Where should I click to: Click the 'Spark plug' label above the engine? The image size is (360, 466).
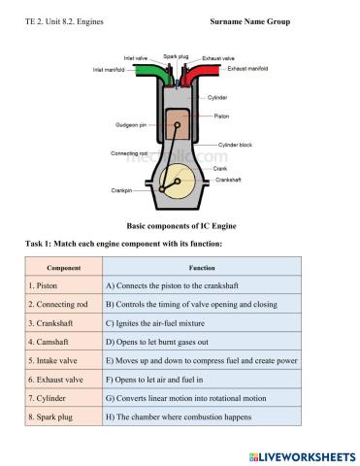pyautogui.click(x=176, y=56)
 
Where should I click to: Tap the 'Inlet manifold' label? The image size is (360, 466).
pyautogui.click(x=111, y=70)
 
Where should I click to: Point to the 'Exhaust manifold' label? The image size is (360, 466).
pyautogui.click(x=248, y=70)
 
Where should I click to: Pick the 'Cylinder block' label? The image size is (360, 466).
pyautogui.click(x=235, y=145)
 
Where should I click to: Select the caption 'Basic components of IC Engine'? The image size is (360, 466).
pyautogui.click(x=180, y=226)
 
